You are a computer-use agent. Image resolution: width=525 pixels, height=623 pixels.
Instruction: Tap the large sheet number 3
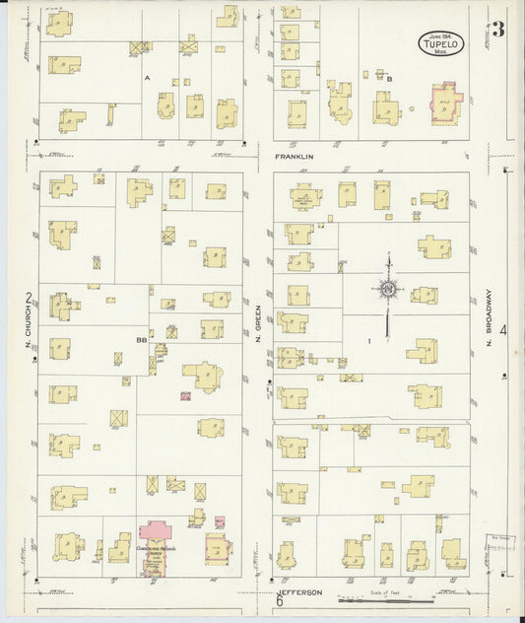(x=498, y=29)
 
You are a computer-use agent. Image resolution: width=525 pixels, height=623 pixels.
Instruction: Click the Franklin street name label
(x=295, y=157)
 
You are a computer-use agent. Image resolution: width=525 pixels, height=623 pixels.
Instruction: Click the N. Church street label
(x=30, y=331)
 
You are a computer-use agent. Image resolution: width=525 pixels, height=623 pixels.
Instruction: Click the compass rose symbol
(x=389, y=288)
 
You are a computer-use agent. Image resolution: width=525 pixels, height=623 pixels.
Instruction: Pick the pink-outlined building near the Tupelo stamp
(x=445, y=104)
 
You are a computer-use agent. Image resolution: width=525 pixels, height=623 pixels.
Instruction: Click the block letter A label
(x=146, y=77)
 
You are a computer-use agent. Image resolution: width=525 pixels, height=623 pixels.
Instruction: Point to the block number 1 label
(x=368, y=341)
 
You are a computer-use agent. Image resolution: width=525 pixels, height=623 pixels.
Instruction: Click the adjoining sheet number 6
(x=280, y=599)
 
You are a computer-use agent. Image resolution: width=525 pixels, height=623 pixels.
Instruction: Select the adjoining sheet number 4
(x=502, y=329)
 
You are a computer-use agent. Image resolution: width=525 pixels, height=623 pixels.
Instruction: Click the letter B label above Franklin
(x=389, y=78)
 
